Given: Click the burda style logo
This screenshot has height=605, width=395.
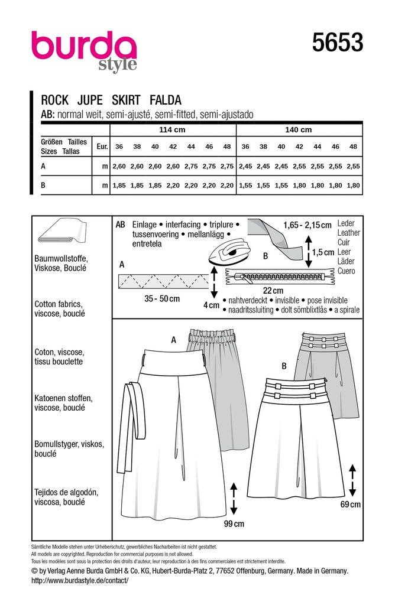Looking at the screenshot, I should coord(84,50).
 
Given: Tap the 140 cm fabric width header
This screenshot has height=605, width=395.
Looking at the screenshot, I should coord(299,130).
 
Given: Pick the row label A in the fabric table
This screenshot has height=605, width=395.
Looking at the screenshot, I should coord(43,167).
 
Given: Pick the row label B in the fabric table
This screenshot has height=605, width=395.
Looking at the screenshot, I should coord(43,186).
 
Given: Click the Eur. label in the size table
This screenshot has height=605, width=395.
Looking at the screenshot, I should coord(101,147).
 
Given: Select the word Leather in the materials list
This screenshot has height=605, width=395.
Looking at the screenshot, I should coord(348,233).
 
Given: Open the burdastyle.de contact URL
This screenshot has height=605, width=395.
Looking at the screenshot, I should coord(79,581).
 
